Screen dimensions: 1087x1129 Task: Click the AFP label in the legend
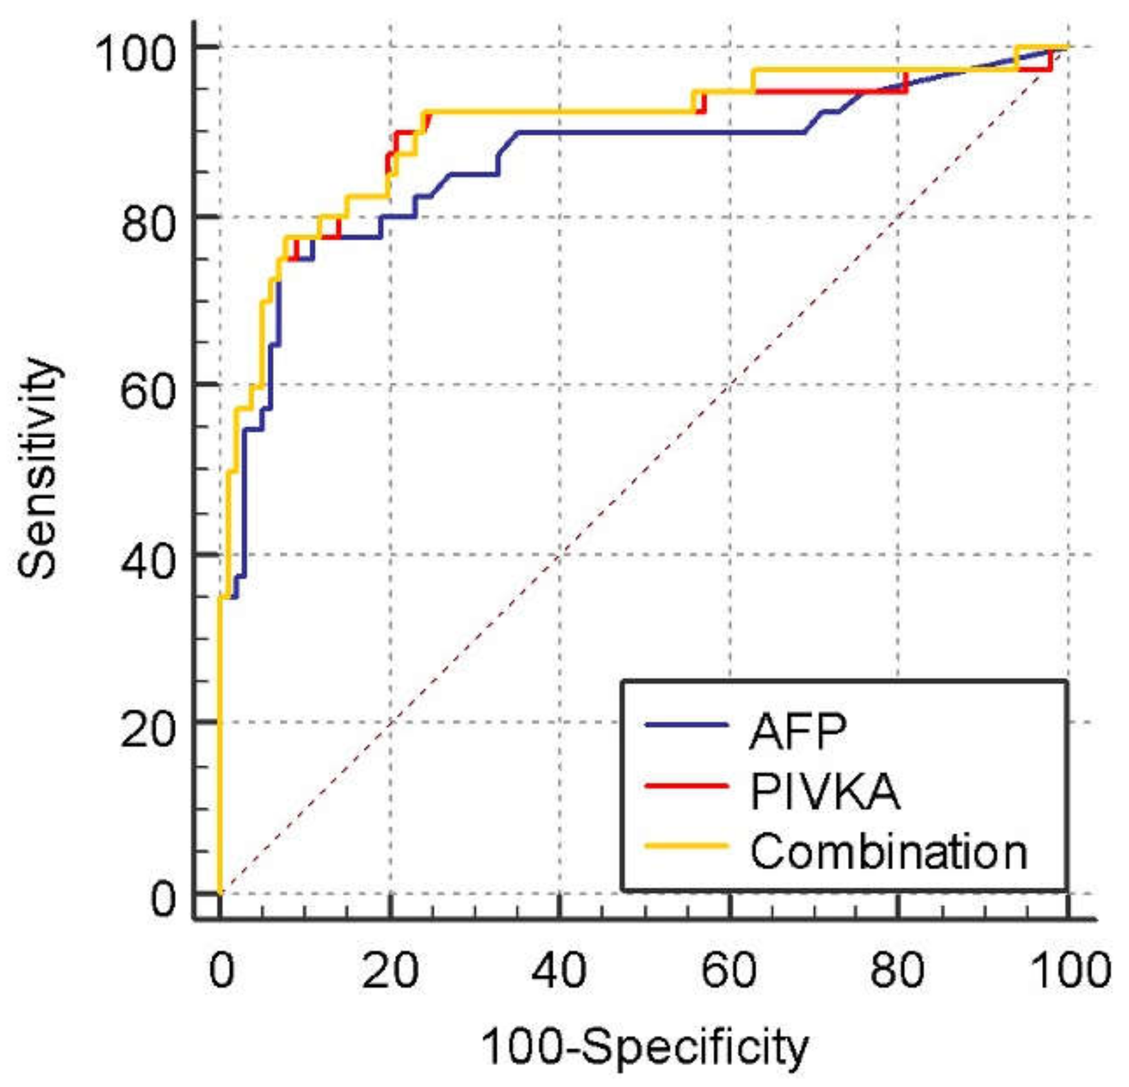point(797,732)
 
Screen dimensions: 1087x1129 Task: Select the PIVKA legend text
point(825,791)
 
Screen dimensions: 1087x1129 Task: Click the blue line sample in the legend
point(686,725)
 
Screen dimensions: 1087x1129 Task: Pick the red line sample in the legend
point(686,786)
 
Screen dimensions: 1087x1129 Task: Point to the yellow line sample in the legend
point(686,846)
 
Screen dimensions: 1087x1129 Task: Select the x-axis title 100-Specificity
point(644,1046)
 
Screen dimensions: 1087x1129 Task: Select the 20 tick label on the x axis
point(390,970)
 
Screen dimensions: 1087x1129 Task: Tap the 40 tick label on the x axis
point(559,970)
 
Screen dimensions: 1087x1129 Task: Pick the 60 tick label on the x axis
point(729,970)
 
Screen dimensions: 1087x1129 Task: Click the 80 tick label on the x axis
point(898,970)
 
